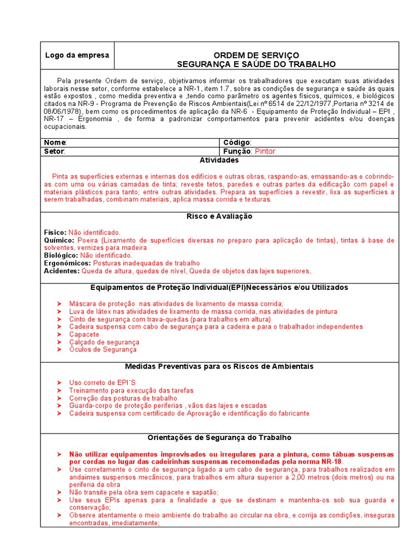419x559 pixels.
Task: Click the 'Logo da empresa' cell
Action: click(x=77, y=55)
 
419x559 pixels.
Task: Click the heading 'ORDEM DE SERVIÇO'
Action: click(x=256, y=55)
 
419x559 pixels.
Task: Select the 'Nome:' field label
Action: click(x=56, y=142)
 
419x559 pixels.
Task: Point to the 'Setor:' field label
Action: click(x=55, y=151)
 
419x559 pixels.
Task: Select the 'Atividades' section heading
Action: click(x=219, y=160)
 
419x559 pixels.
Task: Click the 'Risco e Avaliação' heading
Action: click(x=219, y=216)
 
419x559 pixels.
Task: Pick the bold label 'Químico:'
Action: click(x=58, y=240)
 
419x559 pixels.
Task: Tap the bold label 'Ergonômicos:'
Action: click(x=67, y=263)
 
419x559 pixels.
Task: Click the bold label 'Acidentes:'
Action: click(x=61, y=271)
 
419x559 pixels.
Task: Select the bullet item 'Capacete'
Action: click(x=84, y=334)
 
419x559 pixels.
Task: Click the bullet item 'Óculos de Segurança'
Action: click(x=103, y=349)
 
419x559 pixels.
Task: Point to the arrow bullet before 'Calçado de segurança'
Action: click(x=59, y=342)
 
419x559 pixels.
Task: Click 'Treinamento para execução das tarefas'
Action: click(x=131, y=390)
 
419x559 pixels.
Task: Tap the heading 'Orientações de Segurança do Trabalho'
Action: click(x=219, y=438)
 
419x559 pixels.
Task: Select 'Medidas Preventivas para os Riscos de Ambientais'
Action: click(x=219, y=366)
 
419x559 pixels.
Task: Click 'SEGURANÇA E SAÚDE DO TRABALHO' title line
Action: click(x=256, y=64)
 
